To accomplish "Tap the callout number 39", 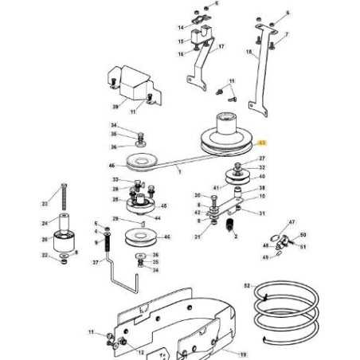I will (115, 105).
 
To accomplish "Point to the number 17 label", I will (221, 47).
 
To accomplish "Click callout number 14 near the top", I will (180, 27).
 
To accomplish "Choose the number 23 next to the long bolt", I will (44, 203).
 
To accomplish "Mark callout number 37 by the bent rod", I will (95, 261).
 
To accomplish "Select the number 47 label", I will (292, 223).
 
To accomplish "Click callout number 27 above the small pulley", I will (262, 159).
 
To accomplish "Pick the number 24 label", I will (44, 223).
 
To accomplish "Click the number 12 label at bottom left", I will (141, 352).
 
